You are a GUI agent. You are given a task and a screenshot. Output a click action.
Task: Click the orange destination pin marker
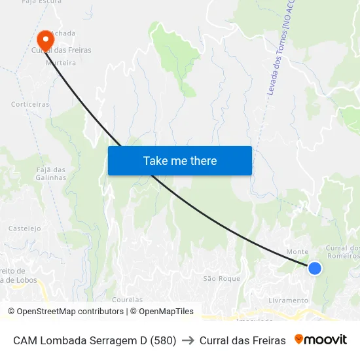45,39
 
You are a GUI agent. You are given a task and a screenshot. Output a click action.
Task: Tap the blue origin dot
315,268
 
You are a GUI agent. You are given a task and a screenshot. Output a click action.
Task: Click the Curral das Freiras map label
62,50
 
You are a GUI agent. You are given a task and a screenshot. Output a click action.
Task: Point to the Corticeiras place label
30,104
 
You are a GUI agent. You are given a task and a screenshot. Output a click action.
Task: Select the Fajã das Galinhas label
50,173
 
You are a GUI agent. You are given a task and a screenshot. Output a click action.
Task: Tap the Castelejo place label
25,228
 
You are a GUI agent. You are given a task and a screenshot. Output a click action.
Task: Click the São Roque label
221,278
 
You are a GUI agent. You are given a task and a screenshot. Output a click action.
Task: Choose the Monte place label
298,252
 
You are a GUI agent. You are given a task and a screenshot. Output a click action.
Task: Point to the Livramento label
288,300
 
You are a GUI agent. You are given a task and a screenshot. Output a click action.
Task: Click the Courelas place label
127,299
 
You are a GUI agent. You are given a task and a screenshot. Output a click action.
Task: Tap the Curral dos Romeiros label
343,252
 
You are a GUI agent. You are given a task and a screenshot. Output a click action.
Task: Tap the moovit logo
321,340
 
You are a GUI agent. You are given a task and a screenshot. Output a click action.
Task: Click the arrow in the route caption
188,340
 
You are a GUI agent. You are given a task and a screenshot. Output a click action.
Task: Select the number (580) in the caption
163,340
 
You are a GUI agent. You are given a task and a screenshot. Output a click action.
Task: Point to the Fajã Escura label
42,2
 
